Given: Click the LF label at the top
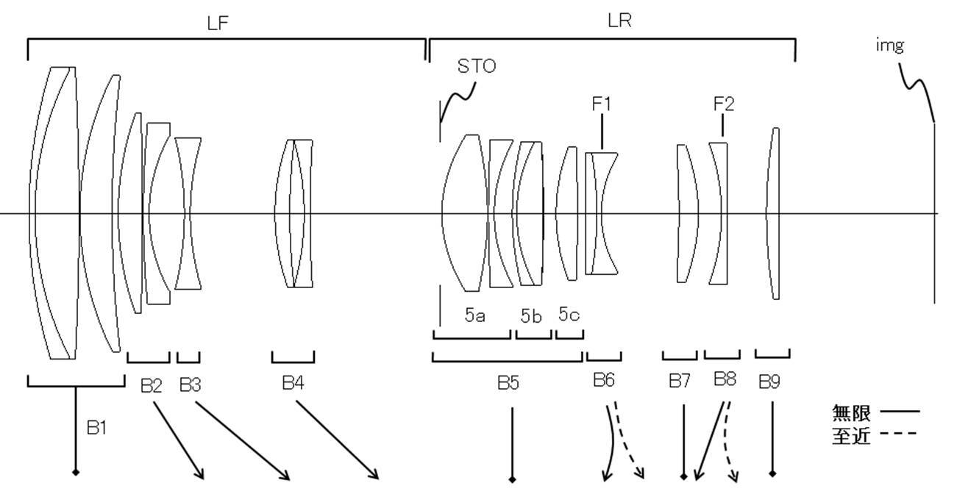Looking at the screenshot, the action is pyautogui.click(x=218, y=23).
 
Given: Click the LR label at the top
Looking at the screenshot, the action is pyautogui.click(x=619, y=21).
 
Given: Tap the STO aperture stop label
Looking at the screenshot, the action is pyautogui.click(x=477, y=66).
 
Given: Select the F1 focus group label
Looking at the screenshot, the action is pyautogui.click(x=601, y=104).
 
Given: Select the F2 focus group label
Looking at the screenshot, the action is pyautogui.click(x=724, y=104).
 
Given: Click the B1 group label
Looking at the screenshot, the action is pyautogui.click(x=96, y=427).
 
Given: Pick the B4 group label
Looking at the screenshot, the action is pyautogui.click(x=293, y=382).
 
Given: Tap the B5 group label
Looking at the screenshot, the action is pyautogui.click(x=508, y=382).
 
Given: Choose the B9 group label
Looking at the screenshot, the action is pyautogui.click(x=769, y=382).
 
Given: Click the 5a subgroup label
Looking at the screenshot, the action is pyautogui.click(x=474, y=315).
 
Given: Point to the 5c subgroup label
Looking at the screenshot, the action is pyautogui.click(x=569, y=314).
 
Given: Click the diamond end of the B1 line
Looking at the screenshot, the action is pyautogui.click(x=76, y=472).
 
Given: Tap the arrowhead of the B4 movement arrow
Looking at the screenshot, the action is pyautogui.click(x=374, y=474).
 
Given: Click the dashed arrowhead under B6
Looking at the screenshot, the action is pyautogui.click(x=639, y=473).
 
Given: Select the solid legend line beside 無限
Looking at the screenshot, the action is pyautogui.click(x=900, y=412).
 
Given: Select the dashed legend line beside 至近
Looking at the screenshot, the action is pyautogui.click(x=898, y=434).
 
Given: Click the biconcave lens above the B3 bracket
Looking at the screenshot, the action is pyautogui.click(x=188, y=213).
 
